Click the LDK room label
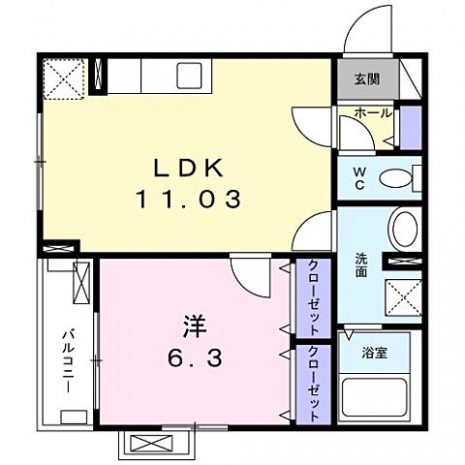[x=187, y=168]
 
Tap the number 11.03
[x=187, y=201]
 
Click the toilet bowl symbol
[x=394, y=178]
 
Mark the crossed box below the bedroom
[x=155, y=444]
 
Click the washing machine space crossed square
[x=402, y=294]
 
